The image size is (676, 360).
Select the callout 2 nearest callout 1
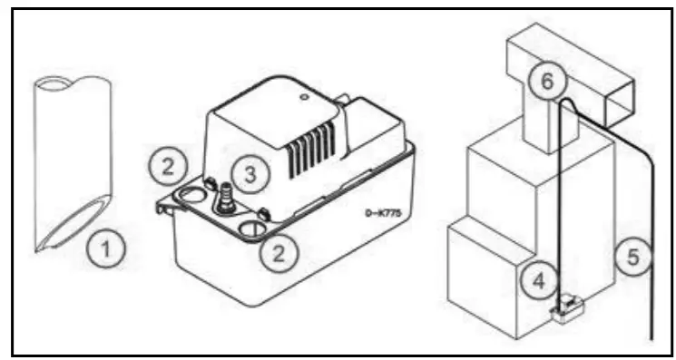tap(169, 164)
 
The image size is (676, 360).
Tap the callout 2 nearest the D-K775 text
tap(279, 254)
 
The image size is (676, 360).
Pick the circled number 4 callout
tap(538, 280)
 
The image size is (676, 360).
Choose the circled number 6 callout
tap(546, 82)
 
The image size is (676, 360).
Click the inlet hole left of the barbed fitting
tap(192, 193)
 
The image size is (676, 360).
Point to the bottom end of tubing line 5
tap(652, 337)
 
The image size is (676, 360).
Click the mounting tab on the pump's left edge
tap(163, 208)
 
